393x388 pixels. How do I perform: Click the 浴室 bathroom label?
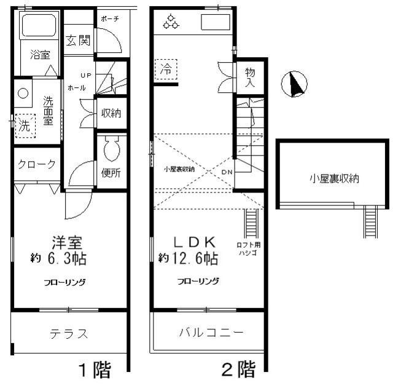40,54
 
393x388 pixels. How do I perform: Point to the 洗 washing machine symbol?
24,127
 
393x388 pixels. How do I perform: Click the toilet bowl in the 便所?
111,148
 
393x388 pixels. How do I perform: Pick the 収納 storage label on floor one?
111,113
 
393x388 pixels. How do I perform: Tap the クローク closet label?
37,164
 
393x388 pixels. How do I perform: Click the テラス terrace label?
69,334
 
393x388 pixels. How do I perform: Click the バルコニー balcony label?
211,333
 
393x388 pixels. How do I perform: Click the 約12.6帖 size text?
188,258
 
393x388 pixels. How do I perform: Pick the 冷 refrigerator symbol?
166,69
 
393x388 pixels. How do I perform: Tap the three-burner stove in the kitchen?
170,23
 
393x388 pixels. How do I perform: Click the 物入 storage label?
250,77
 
